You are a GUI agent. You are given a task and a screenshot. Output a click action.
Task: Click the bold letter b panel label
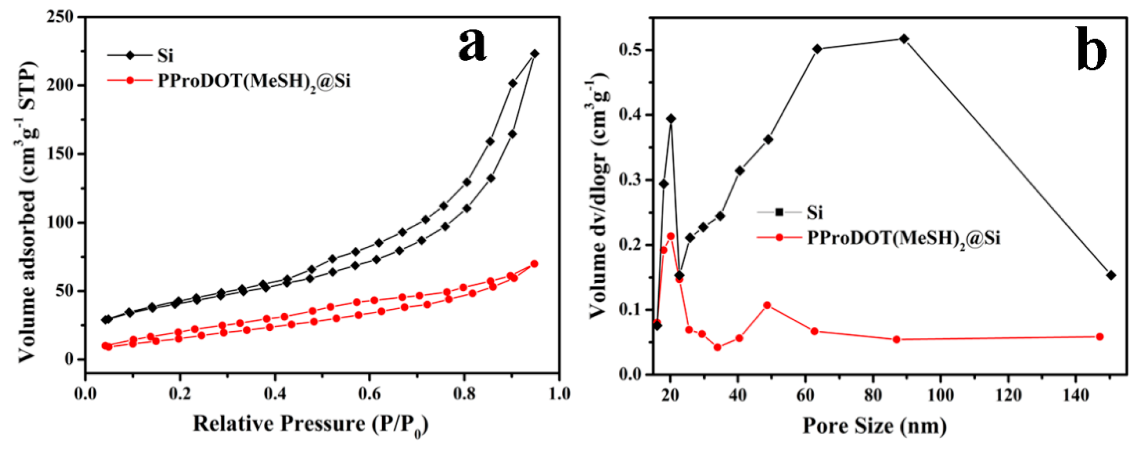1091,49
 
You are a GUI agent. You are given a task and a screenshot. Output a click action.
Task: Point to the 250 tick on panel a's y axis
62,17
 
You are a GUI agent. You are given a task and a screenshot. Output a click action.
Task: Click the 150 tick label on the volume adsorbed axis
62,154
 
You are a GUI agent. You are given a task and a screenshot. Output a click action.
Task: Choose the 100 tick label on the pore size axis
940,394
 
